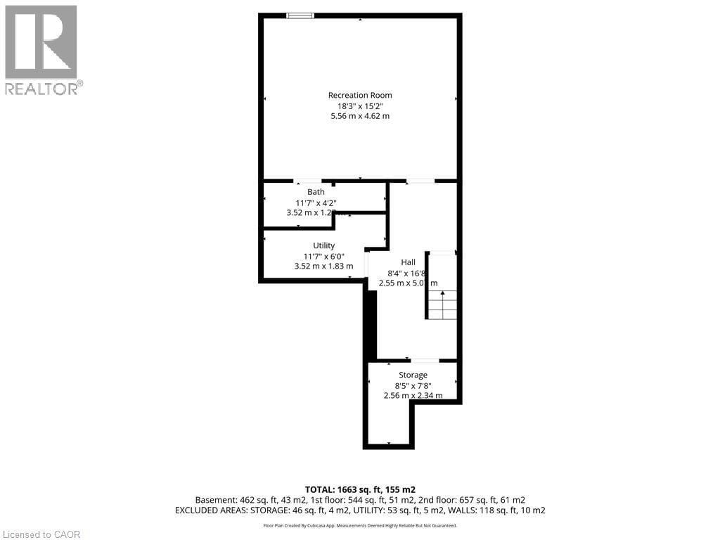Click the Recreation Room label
tap(360, 96)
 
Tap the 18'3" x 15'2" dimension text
tap(360, 106)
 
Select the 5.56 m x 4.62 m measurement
tap(360, 116)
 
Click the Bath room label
tap(316, 192)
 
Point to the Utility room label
tap(323, 245)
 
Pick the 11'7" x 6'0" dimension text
tap(323, 256)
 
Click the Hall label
tap(408, 262)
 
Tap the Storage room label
tap(413, 375)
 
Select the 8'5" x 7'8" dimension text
tap(413, 385)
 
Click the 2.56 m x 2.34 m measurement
tap(413, 395)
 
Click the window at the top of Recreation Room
tap(300, 15)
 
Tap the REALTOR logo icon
tap(41, 41)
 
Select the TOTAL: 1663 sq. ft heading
tap(360, 489)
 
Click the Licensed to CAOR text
tap(41, 534)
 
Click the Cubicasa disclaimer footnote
tap(360, 525)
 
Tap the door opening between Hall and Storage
tap(425, 361)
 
